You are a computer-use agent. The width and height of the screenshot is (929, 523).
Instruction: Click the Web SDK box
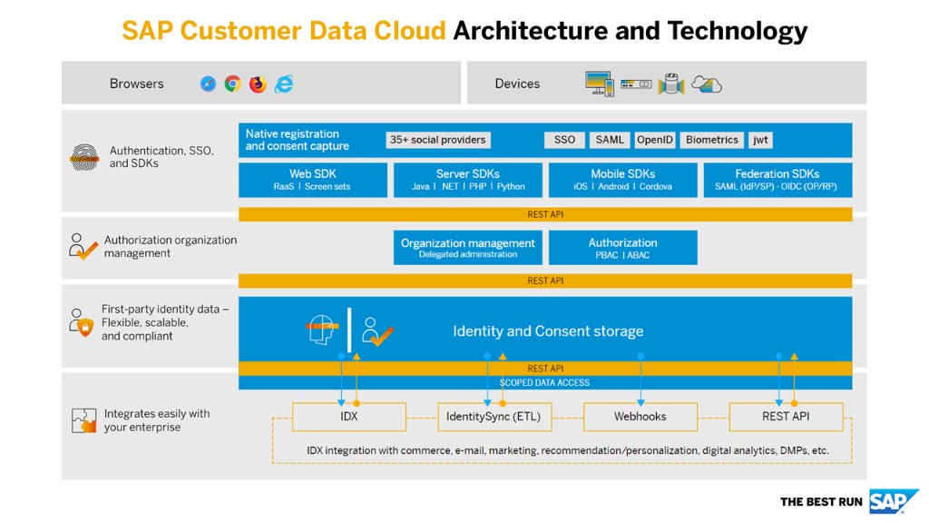pyautogui.click(x=312, y=180)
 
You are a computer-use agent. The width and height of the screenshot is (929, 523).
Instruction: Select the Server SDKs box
pyautogui.click(x=468, y=180)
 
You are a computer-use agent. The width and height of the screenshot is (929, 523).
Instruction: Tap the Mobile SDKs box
pyautogui.click(x=622, y=180)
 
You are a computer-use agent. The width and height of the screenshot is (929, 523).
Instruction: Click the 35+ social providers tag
pyautogui.click(x=438, y=140)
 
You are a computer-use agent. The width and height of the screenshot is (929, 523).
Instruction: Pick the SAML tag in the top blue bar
pyautogui.click(x=610, y=140)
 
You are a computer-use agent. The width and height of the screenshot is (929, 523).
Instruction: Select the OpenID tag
pyautogui.click(x=655, y=140)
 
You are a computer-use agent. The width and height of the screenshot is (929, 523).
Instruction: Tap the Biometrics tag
pyautogui.click(x=712, y=140)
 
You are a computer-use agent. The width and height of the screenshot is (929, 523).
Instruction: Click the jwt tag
pyautogui.click(x=760, y=140)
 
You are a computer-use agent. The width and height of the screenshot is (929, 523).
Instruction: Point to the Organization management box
pyautogui.click(x=468, y=248)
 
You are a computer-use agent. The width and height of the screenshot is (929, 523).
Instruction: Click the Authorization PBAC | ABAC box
pyautogui.click(x=622, y=248)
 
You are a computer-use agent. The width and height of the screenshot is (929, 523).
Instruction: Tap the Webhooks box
pyautogui.click(x=640, y=417)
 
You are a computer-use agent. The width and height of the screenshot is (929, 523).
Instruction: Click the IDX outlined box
pyautogui.click(x=349, y=417)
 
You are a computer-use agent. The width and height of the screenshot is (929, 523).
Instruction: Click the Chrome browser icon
pyautogui.click(x=233, y=84)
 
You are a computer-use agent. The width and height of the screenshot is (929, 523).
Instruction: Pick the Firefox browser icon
pyautogui.click(x=258, y=84)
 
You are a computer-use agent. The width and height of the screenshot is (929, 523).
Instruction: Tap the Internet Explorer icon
pyautogui.click(x=284, y=84)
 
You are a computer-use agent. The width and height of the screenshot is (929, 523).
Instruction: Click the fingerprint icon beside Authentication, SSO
pyautogui.click(x=84, y=157)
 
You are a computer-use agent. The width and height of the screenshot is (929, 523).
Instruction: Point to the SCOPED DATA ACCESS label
pyautogui.click(x=544, y=382)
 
